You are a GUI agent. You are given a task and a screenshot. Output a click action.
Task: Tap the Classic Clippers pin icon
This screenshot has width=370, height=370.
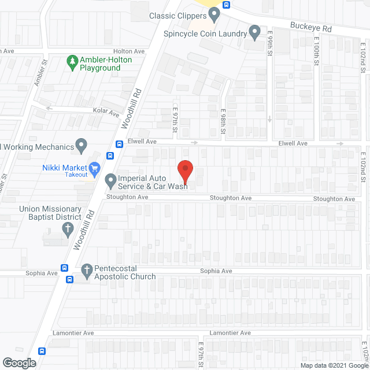(214, 13)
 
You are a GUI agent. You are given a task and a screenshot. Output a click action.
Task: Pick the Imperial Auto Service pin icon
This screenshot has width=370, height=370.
(110, 183)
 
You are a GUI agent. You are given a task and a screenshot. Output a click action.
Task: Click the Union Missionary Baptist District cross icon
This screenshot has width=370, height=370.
(67, 230)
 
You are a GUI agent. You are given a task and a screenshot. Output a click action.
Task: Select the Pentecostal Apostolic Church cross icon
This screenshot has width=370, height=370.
(87, 270)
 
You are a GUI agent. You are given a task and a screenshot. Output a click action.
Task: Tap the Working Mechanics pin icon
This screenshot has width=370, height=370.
(82, 145)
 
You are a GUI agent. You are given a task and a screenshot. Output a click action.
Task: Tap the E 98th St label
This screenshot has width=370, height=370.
(223, 123)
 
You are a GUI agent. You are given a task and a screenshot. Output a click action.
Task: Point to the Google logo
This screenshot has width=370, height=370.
(19, 363)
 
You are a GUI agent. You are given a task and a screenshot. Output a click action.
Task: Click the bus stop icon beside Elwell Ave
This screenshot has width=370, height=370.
(119, 145)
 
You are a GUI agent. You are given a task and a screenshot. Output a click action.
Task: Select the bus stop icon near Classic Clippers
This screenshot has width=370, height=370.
(227, 6)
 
